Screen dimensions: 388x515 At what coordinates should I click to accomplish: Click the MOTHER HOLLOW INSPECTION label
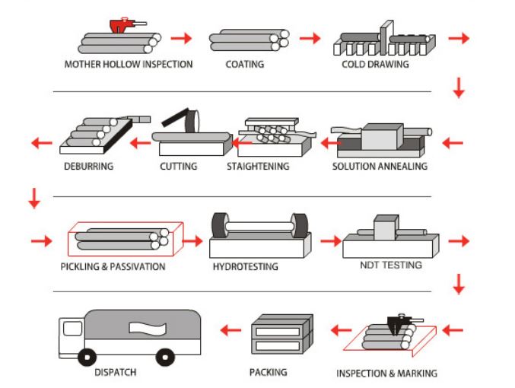click(128, 65)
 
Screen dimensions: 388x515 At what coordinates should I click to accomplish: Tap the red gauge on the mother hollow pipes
click(122, 25)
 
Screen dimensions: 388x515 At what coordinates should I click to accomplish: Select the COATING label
click(245, 65)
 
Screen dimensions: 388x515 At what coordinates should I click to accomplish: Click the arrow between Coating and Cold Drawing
click(309, 38)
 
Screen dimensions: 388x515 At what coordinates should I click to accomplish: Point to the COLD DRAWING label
click(375, 65)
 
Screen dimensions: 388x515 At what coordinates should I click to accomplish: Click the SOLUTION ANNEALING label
click(380, 166)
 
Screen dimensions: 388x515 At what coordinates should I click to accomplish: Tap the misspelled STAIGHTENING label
click(258, 166)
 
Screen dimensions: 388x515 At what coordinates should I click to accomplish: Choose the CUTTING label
click(179, 166)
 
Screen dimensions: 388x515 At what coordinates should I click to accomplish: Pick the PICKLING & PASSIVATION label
click(113, 267)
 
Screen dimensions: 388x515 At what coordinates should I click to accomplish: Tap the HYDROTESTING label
click(246, 267)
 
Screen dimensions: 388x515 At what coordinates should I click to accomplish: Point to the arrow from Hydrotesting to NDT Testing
click(330, 241)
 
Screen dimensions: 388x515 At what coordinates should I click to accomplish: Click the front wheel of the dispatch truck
click(88, 356)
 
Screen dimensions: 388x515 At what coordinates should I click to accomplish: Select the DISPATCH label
click(116, 373)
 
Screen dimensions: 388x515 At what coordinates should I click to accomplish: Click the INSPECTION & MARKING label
click(386, 374)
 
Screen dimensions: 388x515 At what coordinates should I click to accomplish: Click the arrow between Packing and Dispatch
click(230, 329)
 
